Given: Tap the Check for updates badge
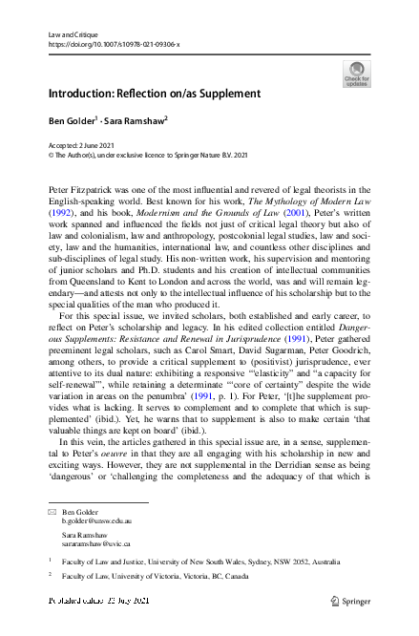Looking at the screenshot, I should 354,74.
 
